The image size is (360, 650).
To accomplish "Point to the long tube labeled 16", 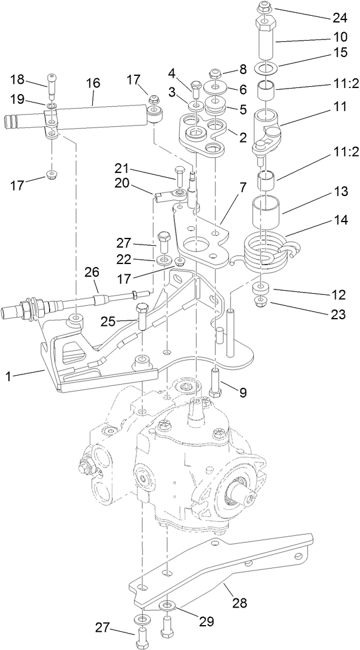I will pyautogui.click(x=97, y=114).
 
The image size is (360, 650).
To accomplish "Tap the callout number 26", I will pyautogui.click(x=92, y=272).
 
